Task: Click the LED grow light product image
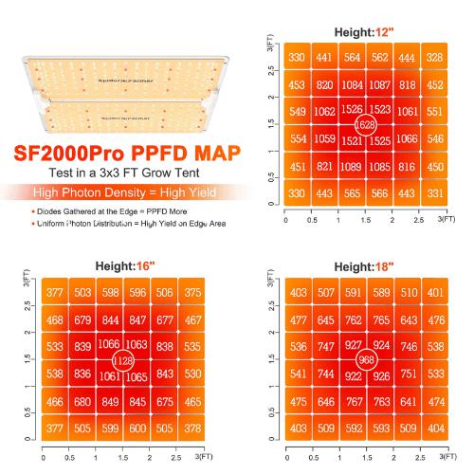coord(120,93)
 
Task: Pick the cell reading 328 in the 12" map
coord(435,58)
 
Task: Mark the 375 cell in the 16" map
coord(192,293)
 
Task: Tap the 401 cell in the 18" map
coord(436,293)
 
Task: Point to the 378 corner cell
coord(192,428)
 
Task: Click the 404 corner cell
coord(436,428)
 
